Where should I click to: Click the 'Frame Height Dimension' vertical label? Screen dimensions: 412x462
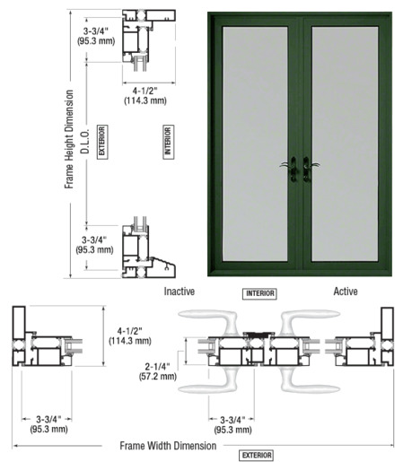(69, 139)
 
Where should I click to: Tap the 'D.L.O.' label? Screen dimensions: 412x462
(85, 142)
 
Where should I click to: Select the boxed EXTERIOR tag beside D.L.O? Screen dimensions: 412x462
(102, 142)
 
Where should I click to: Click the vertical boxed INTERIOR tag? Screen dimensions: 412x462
(168, 142)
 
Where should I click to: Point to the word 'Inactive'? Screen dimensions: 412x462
(180, 292)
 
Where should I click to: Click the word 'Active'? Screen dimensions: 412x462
(346, 292)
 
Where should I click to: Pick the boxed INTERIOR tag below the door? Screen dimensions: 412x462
(259, 293)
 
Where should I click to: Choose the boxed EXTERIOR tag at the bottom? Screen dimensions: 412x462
(256, 456)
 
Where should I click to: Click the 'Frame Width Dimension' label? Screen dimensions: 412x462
(168, 446)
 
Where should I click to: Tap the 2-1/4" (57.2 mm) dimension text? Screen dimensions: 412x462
(158, 371)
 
